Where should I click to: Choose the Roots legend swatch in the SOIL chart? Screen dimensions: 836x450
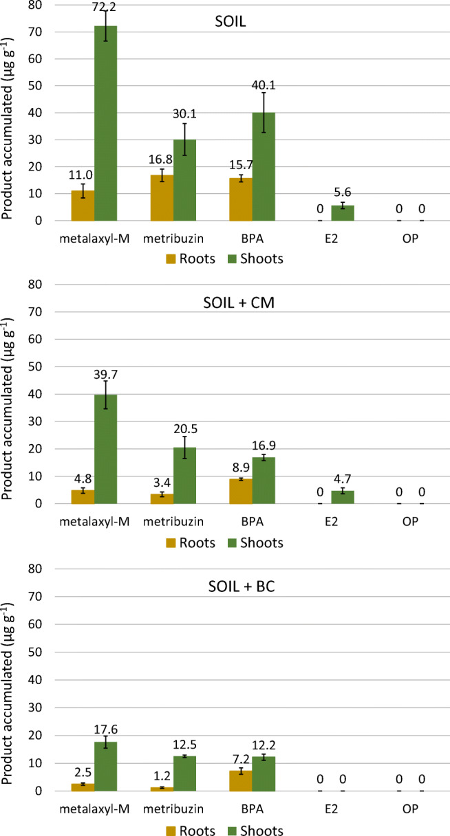click(169, 258)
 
